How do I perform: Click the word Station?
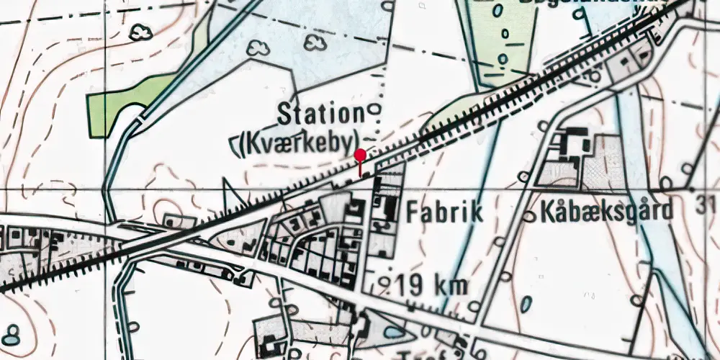(x=321, y=114)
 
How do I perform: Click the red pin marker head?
(x=360, y=154)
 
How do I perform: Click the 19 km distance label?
(x=432, y=285)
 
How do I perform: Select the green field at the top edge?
(x=497, y=36)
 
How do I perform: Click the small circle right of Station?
(x=374, y=110)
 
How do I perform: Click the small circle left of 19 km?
(x=386, y=282)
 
